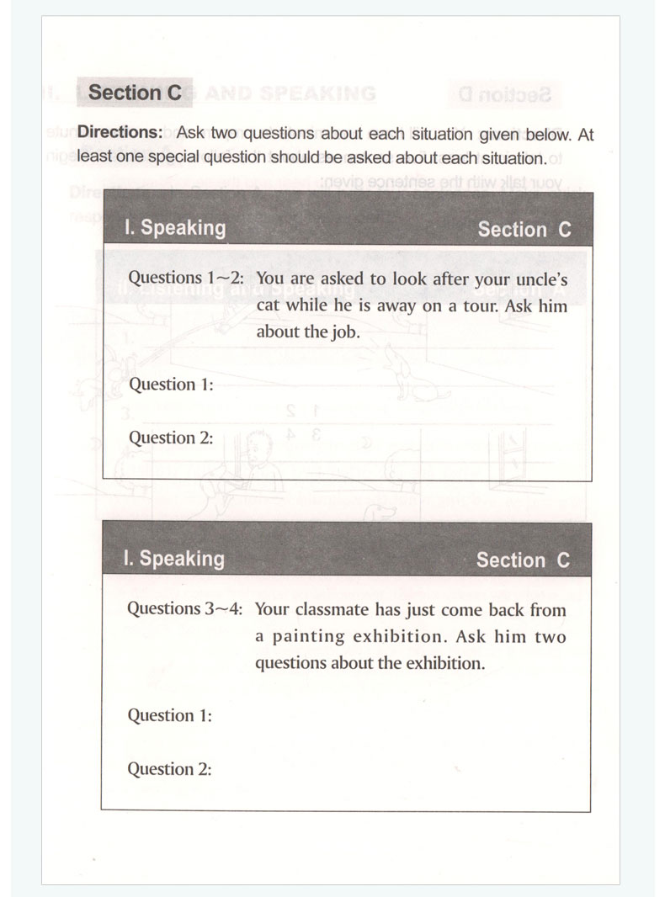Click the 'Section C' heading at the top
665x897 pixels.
click(x=135, y=93)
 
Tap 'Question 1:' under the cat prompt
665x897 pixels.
click(x=170, y=385)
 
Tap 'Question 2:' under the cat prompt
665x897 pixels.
click(x=170, y=438)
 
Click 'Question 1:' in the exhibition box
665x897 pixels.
click(x=169, y=716)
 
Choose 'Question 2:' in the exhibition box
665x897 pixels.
click(x=169, y=769)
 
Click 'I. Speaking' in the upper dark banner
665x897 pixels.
click(x=174, y=228)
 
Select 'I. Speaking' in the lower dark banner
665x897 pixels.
click(x=173, y=559)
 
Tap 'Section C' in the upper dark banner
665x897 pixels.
click(x=524, y=230)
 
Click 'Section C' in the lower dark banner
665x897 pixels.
click(x=523, y=560)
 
